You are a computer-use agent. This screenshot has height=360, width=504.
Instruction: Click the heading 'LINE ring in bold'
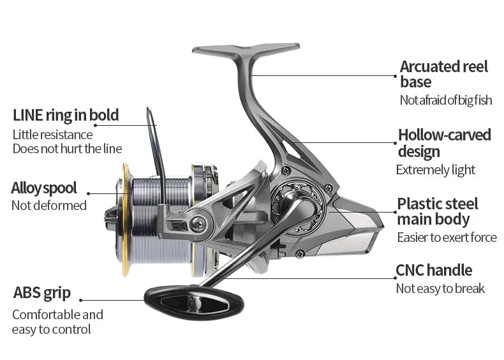pyautogui.click(x=66, y=115)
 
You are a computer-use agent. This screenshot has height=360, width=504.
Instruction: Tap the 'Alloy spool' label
pyautogui.click(x=43, y=188)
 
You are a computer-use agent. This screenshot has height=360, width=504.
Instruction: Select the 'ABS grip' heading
pyautogui.click(x=41, y=294)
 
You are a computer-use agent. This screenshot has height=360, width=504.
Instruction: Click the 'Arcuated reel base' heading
pyautogui.click(x=443, y=74)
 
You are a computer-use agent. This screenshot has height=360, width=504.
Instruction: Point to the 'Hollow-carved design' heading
pyautogui.click(x=444, y=143)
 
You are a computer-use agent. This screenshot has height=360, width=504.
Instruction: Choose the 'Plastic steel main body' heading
pyautogui.click(x=437, y=211)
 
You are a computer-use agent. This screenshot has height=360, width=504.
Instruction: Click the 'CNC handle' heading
pyautogui.click(x=434, y=270)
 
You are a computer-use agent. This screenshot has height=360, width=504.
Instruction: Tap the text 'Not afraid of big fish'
pyautogui.click(x=446, y=100)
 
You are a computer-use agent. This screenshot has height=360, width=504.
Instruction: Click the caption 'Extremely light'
pyautogui.click(x=435, y=170)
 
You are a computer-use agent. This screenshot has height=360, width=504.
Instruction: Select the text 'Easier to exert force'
pyautogui.click(x=446, y=237)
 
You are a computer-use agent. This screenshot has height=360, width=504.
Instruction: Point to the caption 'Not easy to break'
pyautogui.click(x=440, y=289)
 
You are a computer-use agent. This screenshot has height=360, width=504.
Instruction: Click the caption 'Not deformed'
pyautogui.click(x=48, y=206)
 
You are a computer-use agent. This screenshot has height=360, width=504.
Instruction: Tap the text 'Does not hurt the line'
pyautogui.click(x=67, y=149)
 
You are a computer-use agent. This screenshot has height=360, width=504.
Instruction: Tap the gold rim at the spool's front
pyautogui.click(x=126, y=220)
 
